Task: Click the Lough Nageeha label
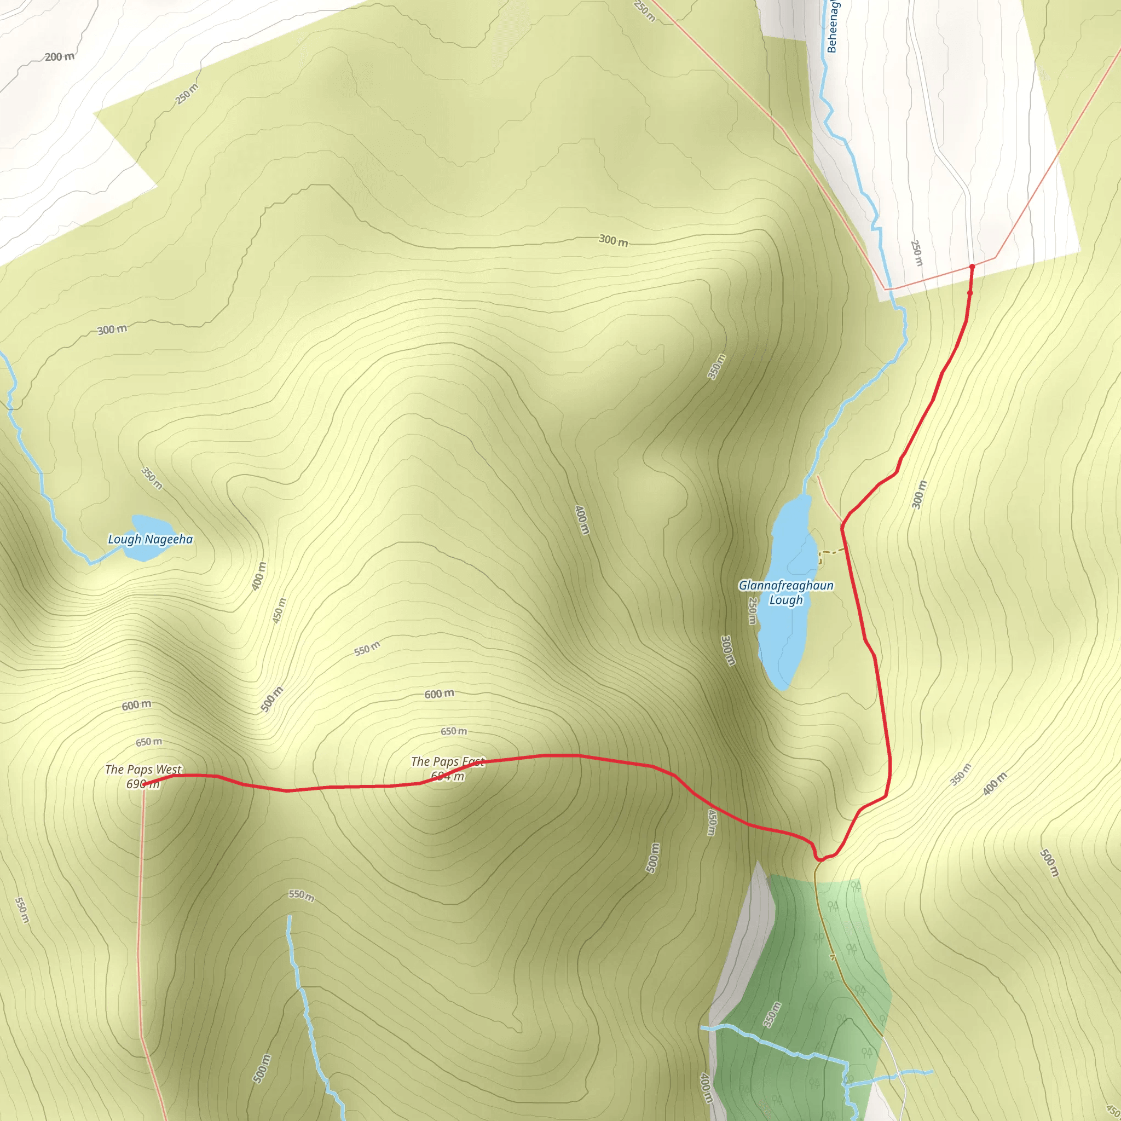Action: pos(151,539)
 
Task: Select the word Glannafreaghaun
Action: pos(785,586)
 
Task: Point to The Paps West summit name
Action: pos(143,770)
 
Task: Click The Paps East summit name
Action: pos(447,761)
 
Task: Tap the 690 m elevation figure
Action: pos(143,784)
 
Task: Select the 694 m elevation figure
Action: pos(447,776)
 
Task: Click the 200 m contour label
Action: pos(60,57)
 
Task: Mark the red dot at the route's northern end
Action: pos(972,267)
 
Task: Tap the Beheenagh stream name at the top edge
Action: pos(832,26)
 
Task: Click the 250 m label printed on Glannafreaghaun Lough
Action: pos(752,611)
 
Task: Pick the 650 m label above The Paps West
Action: pos(149,742)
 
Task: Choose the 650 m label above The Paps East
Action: pos(454,731)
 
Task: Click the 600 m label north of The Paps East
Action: pos(439,694)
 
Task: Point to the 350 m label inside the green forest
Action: pos(772,1015)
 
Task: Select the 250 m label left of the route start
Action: pos(916,253)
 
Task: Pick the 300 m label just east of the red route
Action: pos(920,494)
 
